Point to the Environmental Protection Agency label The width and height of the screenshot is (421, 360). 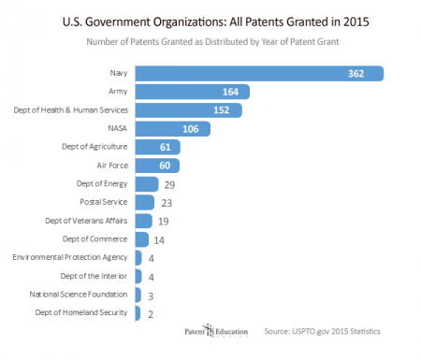(x=70, y=257)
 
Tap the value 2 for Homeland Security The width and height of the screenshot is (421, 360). (x=151, y=313)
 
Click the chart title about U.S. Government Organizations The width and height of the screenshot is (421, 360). (x=210, y=20)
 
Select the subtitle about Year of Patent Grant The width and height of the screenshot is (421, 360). (x=210, y=41)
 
